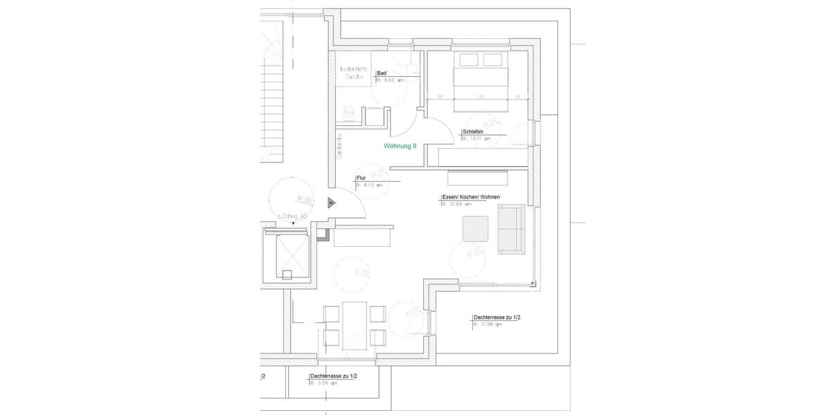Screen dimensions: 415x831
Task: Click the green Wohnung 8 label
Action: [400, 146]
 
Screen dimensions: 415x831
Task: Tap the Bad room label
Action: [382, 73]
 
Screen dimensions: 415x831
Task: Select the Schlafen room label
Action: [474, 131]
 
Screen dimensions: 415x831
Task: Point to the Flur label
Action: [361, 178]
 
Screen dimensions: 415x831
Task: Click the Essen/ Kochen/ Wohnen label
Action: [471, 197]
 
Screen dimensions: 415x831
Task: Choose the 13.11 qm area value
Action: [481, 138]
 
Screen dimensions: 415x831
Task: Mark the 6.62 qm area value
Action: [393, 80]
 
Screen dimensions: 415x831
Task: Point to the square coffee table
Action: [475, 229]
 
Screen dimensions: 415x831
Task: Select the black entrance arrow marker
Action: [332, 203]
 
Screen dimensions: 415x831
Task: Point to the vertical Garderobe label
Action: [339, 145]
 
